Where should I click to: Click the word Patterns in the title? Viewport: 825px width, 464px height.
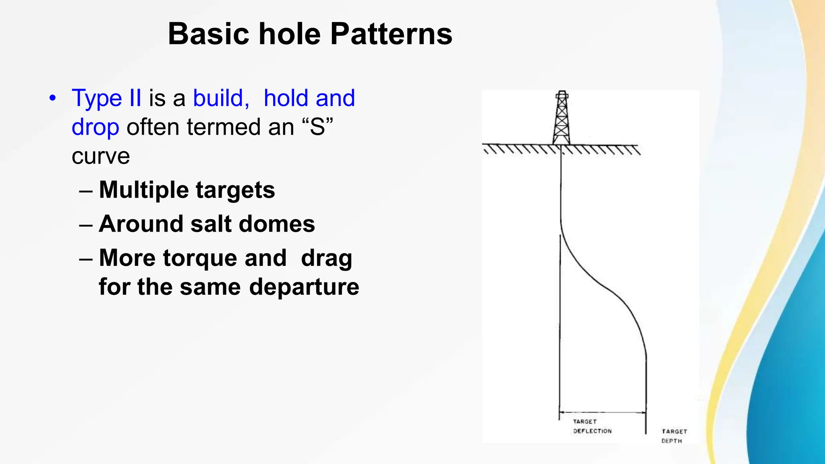pyautogui.click(x=391, y=34)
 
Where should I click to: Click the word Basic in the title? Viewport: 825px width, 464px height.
pyautogui.click(x=209, y=34)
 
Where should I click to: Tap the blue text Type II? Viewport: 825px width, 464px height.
pyautogui.click(x=106, y=98)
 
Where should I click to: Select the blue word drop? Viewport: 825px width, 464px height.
pyautogui.click(x=95, y=127)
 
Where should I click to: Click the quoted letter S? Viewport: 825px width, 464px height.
pyautogui.click(x=317, y=127)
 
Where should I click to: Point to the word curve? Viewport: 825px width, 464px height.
pyautogui.click(x=101, y=156)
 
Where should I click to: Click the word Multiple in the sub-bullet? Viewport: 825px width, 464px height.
pyautogui.click(x=143, y=190)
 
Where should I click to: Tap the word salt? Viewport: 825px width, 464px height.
pyautogui.click(x=211, y=224)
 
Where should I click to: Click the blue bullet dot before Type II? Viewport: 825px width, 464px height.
pyautogui.click(x=52, y=98)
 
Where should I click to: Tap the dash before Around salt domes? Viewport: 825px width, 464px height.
pyautogui.click(x=86, y=224)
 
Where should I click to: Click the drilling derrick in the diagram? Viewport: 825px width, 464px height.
pyautogui.click(x=562, y=118)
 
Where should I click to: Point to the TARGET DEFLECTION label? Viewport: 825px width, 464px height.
pyautogui.click(x=592, y=426)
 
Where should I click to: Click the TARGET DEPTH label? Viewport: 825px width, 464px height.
pyautogui.click(x=674, y=436)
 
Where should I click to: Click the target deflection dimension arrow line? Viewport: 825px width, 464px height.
pyautogui.click(x=603, y=412)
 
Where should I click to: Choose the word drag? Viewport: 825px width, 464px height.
pyautogui.click(x=326, y=258)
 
